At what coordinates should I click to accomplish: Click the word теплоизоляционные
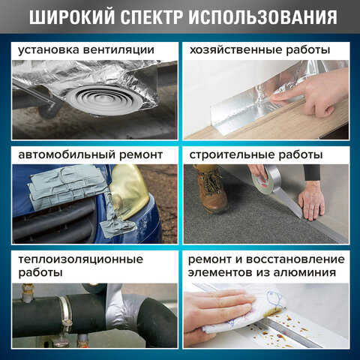pyautogui.click(x=78, y=259)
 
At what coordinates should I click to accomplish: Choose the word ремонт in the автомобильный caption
pyautogui.click(x=140, y=154)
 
